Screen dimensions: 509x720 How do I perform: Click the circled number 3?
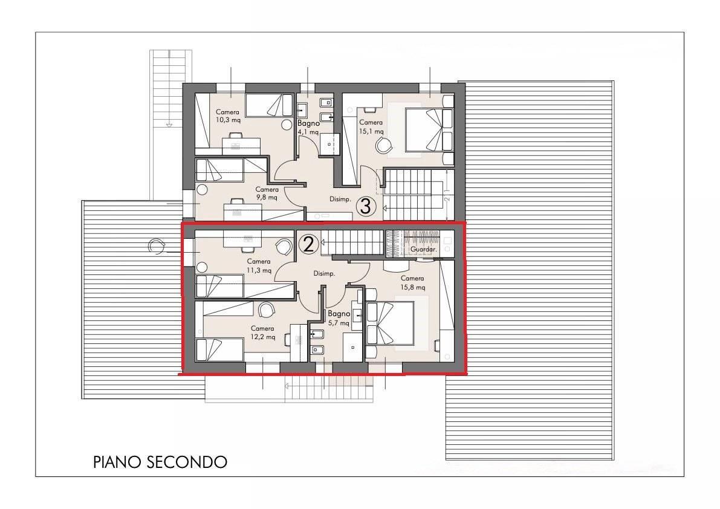coord(366,207)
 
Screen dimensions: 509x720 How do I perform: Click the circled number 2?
coord(308,244)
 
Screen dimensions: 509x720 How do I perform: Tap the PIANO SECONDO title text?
coord(160,462)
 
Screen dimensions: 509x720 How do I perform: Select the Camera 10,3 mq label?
coord(228,116)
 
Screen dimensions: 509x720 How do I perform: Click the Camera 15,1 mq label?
coord(371,126)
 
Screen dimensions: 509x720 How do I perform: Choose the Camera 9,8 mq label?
coord(267,193)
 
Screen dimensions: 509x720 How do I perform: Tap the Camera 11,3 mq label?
coord(259,266)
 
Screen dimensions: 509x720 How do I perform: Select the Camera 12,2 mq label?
coord(263,332)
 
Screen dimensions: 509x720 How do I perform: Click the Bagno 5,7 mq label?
coord(339,319)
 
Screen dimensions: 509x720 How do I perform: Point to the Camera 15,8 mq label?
coord(412,282)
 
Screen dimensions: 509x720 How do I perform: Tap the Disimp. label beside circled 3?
coord(340,199)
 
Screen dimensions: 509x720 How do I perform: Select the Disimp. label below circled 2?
coord(324,274)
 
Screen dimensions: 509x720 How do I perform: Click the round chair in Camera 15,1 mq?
coord(384,145)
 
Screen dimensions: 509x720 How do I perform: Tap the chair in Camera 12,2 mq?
coord(265,310)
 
